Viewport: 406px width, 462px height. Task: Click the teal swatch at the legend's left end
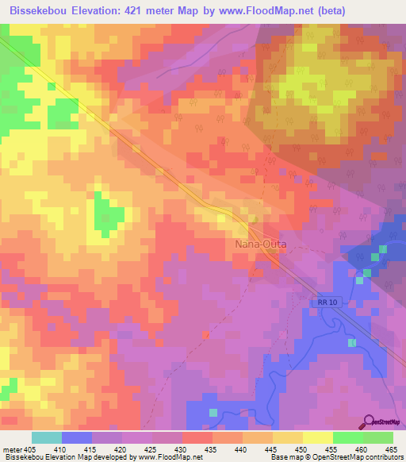point(47,438)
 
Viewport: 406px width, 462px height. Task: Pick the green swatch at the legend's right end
point(378,438)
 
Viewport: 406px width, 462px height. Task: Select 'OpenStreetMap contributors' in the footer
point(361,456)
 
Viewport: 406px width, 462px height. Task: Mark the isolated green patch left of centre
point(109,213)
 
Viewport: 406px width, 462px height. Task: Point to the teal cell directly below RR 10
point(352,342)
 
